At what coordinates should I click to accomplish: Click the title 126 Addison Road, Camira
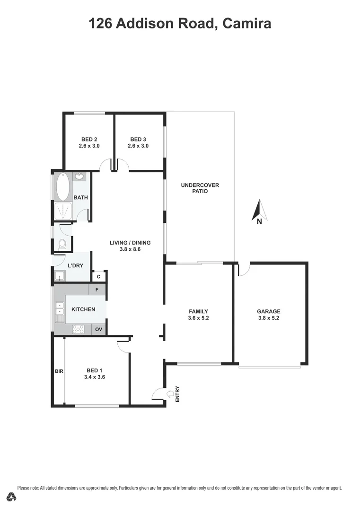(x=180, y=24)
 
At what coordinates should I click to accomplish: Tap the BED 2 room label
(x=89, y=139)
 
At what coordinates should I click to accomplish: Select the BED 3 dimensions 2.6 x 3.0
(x=138, y=146)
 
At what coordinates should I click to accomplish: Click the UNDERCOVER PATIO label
(x=200, y=188)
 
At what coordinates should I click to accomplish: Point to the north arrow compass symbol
(x=259, y=211)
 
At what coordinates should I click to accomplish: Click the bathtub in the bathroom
(x=62, y=187)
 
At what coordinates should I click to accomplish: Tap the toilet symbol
(x=62, y=244)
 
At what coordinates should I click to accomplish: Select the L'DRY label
(x=76, y=265)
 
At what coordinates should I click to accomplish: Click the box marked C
(x=99, y=277)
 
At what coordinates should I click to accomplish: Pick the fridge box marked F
(x=97, y=289)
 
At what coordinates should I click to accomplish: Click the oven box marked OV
(x=98, y=329)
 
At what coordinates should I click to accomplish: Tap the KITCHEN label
(x=83, y=309)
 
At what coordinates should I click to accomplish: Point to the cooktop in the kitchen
(x=79, y=329)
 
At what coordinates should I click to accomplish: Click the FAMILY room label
(x=198, y=311)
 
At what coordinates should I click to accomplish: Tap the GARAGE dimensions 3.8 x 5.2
(x=269, y=318)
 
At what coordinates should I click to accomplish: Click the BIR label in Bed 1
(x=59, y=371)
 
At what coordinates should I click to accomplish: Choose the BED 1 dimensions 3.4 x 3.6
(x=94, y=377)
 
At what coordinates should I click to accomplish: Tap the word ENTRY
(x=178, y=394)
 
